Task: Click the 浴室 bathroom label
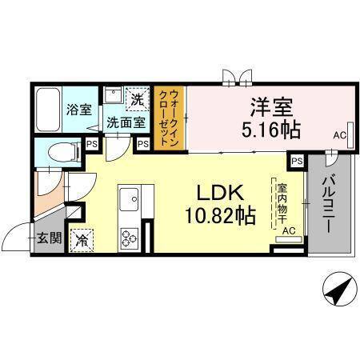coord(77,110)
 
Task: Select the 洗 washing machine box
coord(137,101)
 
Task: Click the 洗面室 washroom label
coord(126,124)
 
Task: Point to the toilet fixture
coord(61,151)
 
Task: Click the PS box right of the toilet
coord(93,145)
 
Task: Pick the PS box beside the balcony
coord(297,162)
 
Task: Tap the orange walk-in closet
coord(170,118)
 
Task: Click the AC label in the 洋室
coord(340,136)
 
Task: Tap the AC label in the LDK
coord(289,230)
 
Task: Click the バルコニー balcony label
coord(328,204)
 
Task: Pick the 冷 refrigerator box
coord(82,238)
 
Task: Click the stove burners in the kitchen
coord(129,237)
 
